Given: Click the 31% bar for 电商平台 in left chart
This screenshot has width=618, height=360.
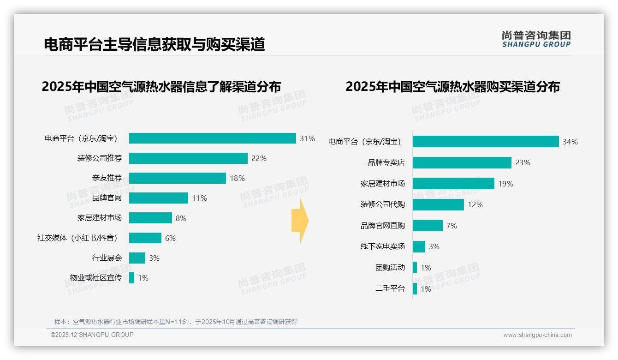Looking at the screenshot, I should click(212, 138).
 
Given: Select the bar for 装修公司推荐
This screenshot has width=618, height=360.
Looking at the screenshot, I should click(188, 158).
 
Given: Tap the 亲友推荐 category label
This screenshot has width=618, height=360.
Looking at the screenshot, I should click(107, 178).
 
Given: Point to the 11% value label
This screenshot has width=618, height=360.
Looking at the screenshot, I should click(199, 198).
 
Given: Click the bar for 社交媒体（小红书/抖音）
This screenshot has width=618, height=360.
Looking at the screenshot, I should click(145, 238).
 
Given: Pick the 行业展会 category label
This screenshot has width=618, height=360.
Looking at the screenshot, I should click(107, 258).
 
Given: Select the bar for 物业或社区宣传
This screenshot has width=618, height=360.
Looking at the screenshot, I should click(131, 278).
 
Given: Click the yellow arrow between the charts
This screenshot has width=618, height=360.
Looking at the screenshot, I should click(300, 221).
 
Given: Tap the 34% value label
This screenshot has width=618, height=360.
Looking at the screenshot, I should click(570, 142).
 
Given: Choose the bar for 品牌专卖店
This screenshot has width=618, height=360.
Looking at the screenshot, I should click(462, 162).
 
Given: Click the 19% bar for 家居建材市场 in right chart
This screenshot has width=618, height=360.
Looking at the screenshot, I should click(453, 184).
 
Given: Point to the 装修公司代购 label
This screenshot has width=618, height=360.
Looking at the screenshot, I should click(382, 204).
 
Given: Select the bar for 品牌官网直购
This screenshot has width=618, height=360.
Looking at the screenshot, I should click(428, 226).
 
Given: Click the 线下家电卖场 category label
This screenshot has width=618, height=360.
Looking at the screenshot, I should click(382, 246).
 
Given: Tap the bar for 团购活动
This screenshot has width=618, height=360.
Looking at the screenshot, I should click(415, 268).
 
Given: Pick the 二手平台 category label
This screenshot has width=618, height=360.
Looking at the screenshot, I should click(390, 289).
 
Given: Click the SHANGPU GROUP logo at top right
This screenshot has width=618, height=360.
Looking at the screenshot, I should click(536, 39).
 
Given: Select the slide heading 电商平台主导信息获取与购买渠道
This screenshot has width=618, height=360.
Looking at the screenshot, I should click(154, 44).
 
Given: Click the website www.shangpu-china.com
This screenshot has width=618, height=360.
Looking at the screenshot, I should click(537, 335).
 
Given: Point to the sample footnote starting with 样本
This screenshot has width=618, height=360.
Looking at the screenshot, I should click(176, 322).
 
